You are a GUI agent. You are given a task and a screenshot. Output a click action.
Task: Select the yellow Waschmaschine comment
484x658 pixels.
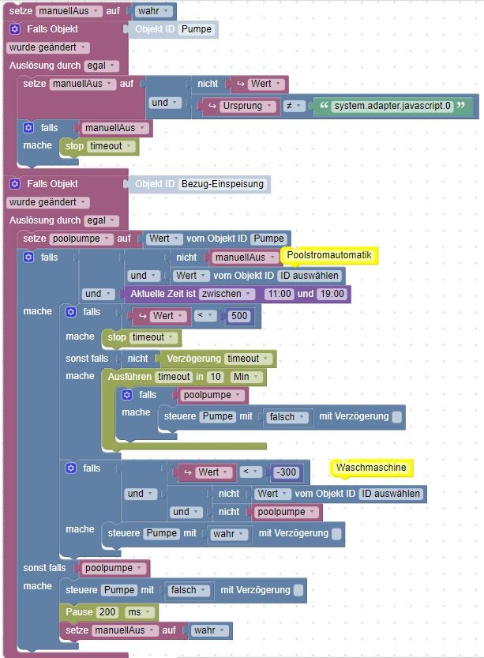(x=371, y=468)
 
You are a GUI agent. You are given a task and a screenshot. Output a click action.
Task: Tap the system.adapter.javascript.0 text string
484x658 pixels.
(x=392, y=106)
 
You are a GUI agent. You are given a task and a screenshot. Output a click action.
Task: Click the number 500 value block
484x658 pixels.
(x=239, y=316)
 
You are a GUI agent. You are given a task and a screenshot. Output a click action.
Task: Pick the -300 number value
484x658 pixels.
(x=286, y=472)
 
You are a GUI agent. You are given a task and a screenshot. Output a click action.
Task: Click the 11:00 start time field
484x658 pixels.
(x=280, y=294)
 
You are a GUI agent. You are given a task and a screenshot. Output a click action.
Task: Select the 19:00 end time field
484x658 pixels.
(x=332, y=294)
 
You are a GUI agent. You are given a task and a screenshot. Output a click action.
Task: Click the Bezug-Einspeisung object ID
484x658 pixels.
(x=223, y=184)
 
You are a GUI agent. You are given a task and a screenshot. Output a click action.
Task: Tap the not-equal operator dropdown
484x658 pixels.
(x=294, y=106)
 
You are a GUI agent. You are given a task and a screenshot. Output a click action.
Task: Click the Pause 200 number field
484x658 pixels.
(x=107, y=612)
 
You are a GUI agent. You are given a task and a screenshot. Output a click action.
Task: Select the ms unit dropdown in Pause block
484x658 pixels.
(x=140, y=612)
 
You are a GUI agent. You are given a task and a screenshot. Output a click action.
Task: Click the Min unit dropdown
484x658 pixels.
(x=246, y=377)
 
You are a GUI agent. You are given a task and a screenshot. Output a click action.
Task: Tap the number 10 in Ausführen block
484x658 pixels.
(x=216, y=377)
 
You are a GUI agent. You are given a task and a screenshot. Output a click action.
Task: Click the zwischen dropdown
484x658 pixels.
(x=227, y=294)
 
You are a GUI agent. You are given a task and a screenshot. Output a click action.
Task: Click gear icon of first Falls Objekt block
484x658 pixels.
(x=15, y=29)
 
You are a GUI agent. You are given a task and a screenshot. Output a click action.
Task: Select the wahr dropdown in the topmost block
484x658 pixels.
(x=153, y=11)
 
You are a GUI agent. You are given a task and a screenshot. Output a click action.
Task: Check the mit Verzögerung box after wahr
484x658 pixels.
(x=336, y=534)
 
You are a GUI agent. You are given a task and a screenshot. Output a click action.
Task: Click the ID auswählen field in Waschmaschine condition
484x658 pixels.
(x=391, y=494)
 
